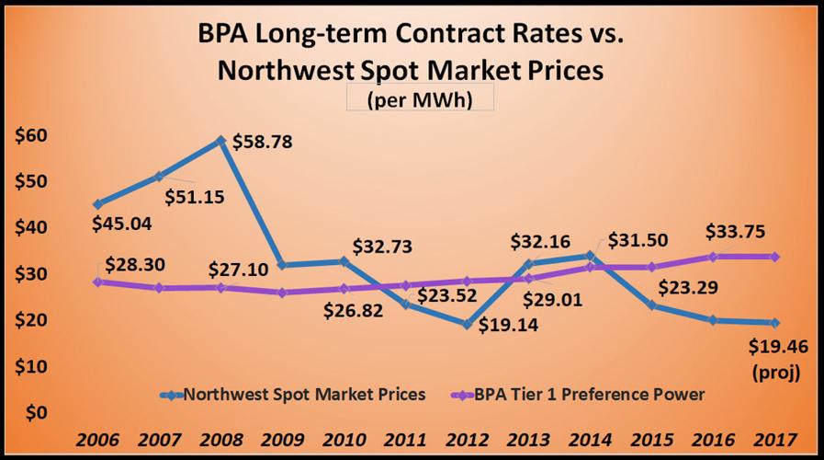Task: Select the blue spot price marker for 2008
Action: point(221,141)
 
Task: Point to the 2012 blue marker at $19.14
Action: point(467,324)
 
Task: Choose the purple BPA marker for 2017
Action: point(775,257)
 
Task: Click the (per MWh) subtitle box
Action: point(419,100)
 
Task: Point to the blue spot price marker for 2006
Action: point(98,204)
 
